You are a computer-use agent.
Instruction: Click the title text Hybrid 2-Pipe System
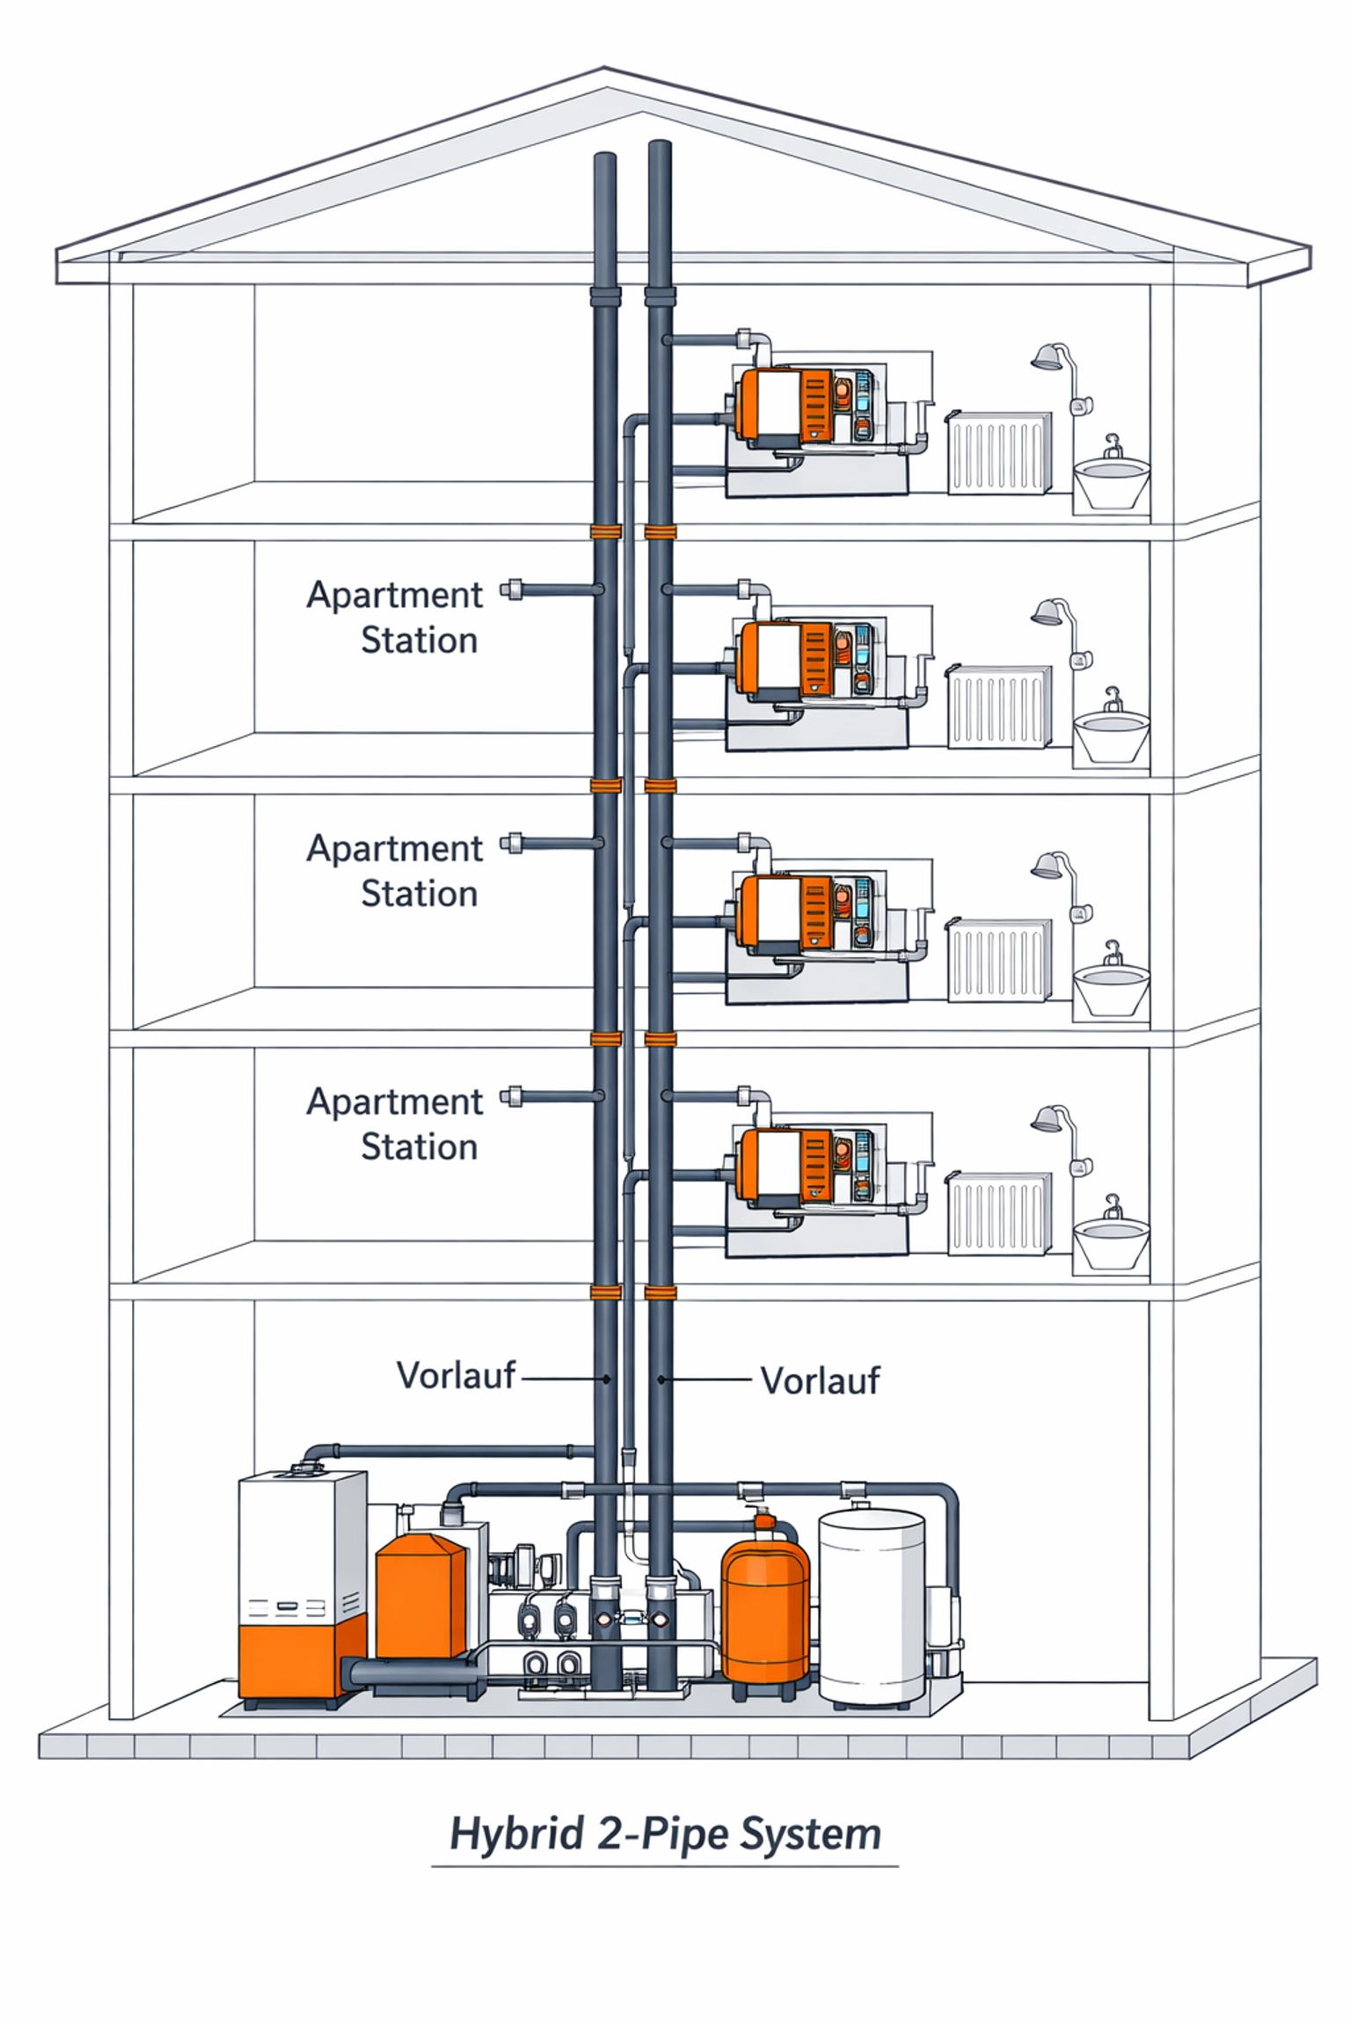pos(665,1834)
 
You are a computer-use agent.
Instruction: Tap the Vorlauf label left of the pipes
pos(455,1376)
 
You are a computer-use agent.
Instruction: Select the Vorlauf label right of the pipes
pos(819,1381)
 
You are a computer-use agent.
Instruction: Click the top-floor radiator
pos(999,452)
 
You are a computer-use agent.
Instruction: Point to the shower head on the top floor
pos(1047,357)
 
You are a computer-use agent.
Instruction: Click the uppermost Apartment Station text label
pos(395,617)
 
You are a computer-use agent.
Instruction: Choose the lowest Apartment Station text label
pos(395,1123)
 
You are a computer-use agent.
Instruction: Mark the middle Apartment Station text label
pos(395,870)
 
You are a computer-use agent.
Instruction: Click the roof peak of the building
pos(604,70)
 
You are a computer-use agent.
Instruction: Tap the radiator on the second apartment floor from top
pos(999,706)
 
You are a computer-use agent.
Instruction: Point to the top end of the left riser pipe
pos(604,158)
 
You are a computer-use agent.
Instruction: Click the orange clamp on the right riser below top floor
pos(660,531)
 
